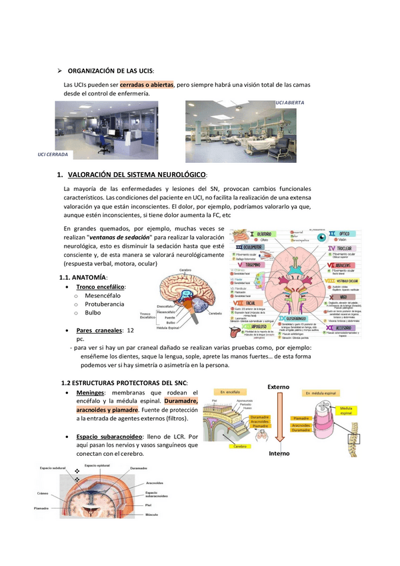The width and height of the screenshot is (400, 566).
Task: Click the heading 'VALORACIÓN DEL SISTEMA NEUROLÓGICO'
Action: click(138, 175)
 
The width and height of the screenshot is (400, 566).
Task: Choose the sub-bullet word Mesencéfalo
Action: click(104, 295)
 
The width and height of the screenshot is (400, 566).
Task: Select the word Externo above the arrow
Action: click(279, 386)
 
